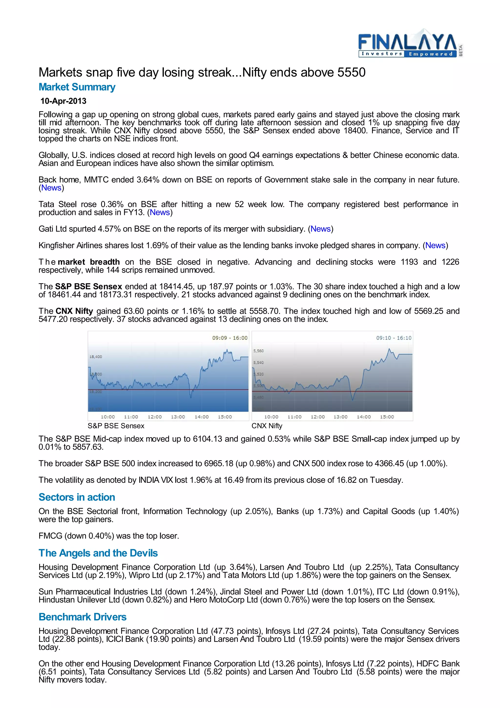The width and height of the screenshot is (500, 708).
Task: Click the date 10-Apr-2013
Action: pos(63,101)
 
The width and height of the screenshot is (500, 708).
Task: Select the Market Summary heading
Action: pos(77,87)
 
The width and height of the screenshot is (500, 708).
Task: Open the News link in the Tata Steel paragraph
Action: pos(160,213)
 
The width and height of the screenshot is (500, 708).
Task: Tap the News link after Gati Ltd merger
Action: pos(320,229)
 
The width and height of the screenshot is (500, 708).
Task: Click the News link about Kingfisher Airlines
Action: pos(435,246)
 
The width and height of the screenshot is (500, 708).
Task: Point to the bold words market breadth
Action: pos(89,262)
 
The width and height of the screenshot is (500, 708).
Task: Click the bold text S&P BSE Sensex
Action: pos(88,287)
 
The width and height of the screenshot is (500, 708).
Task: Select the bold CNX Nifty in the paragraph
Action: pos(74,311)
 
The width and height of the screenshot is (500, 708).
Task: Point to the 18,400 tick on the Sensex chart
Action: pos(95,357)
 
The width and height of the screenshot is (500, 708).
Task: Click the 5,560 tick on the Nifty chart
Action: pos(259,351)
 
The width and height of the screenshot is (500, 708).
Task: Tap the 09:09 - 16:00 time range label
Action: pos(229,338)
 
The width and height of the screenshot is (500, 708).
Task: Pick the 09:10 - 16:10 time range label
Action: pos(393,338)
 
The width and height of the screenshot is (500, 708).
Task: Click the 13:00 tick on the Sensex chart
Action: pos(178,417)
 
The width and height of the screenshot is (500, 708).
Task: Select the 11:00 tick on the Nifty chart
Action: pos(294,417)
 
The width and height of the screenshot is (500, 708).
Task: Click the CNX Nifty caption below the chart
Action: pos(267,426)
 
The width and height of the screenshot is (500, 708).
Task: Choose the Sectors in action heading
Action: pos(77,497)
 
